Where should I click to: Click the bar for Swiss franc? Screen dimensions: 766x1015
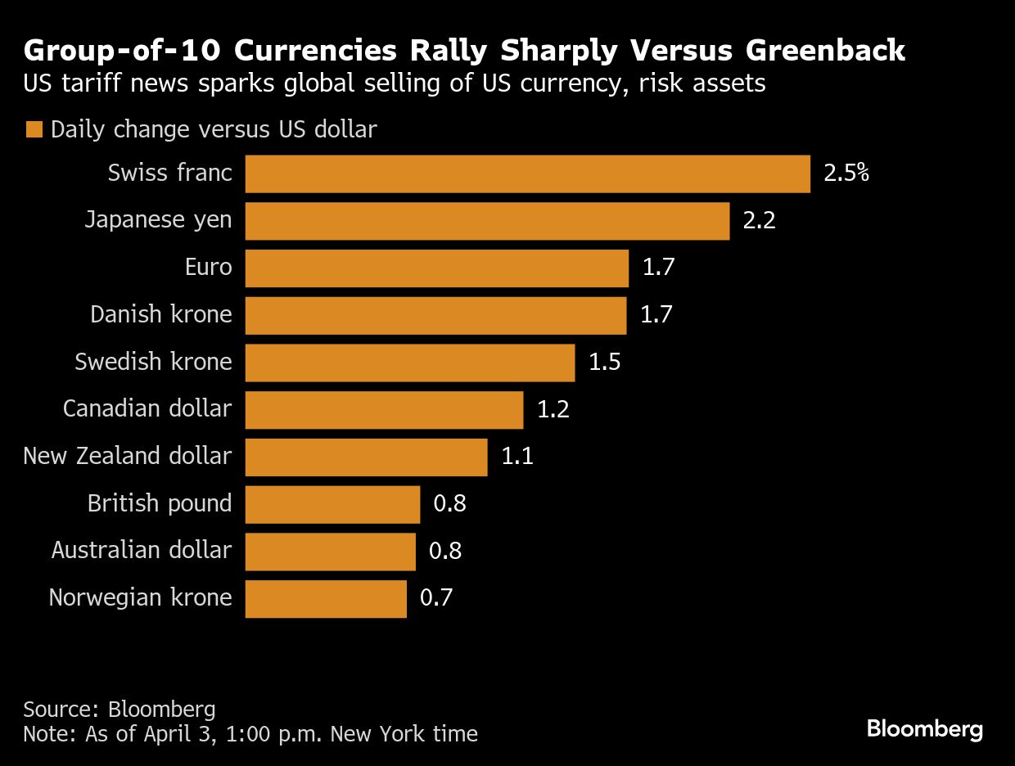click(x=528, y=174)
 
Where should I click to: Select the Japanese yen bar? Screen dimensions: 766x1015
click(x=487, y=221)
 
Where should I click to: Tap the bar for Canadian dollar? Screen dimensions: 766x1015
click(x=384, y=410)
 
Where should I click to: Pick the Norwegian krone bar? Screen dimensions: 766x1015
click(x=326, y=599)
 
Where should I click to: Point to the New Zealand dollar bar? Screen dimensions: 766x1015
click(x=366, y=457)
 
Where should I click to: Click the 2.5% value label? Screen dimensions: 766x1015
click(x=846, y=174)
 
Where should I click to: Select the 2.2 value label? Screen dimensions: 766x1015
click(x=759, y=221)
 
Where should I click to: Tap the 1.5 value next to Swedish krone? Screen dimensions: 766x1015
click(x=604, y=363)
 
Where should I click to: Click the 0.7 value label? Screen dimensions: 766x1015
click(x=435, y=598)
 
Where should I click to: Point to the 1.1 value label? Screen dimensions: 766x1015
click(x=517, y=457)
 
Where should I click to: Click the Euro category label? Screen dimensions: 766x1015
click(x=208, y=268)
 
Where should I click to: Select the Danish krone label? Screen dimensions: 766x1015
click(x=161, y=315)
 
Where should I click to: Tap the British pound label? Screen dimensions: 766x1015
click(x=160, y=503)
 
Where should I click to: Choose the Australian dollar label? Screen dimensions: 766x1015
click(x=142, y=551)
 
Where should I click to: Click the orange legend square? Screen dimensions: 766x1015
click(x=34, y=130)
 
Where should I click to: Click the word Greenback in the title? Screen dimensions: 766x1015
click(x=824, y=51)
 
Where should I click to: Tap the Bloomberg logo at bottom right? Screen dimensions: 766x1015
click(x=924, y=728)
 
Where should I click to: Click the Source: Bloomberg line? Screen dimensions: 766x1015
click(x=120, y=709)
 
